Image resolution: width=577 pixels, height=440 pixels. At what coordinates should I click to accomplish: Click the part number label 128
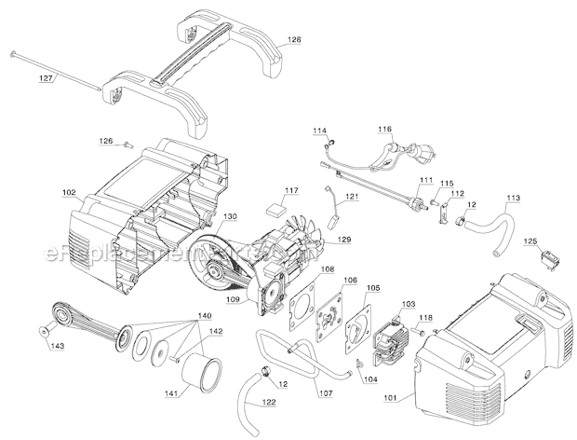pos(294,40)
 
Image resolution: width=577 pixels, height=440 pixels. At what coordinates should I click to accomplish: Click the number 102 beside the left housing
pos(69,193)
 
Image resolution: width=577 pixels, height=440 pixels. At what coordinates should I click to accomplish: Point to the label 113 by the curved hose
pos(514,198)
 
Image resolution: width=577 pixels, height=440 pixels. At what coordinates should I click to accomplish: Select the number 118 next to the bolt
pos(437,318)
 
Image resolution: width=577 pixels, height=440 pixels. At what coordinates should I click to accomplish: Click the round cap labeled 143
pos(45,330)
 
